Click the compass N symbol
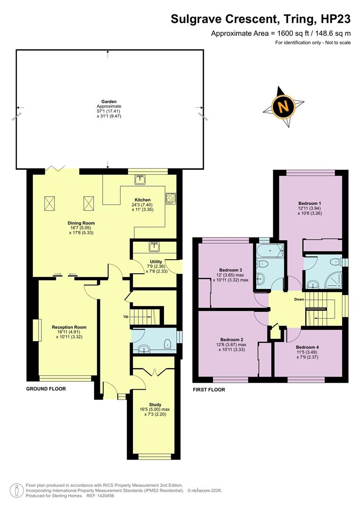(284, 107)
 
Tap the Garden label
(109, 102)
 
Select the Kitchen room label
(142, 200)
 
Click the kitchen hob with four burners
(170, 198)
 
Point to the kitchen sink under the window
(140, 179)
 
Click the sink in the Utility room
(154, 246)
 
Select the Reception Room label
(69, 327)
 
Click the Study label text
(155, 404)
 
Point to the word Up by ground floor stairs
(126, 316)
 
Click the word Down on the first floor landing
(299, 299)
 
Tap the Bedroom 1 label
(309, 203)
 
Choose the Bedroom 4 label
(307, 347)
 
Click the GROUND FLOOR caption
(46, 389)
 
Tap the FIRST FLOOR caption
(209, 390)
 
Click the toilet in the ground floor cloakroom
(167, 345)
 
